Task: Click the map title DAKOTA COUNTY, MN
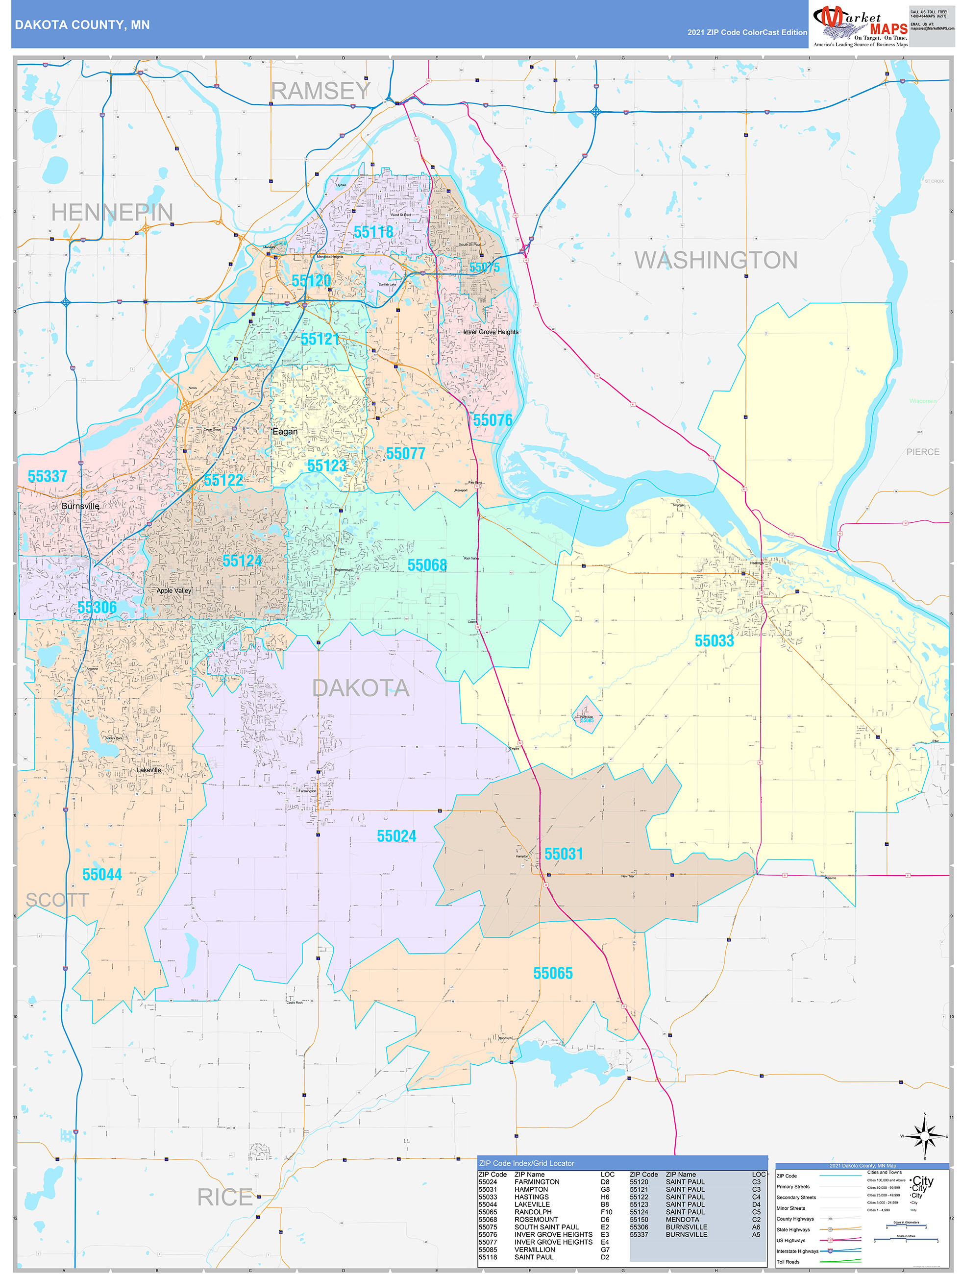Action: click(82, 25)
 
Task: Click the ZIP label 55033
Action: click(714, 641)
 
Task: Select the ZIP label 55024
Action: click(396, 836)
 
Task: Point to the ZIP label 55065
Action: click(552, 973)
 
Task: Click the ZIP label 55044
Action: click(102, 875)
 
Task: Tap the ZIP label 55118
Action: click(373, 232)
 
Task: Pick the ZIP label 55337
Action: click(47, 476)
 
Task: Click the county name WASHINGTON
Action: click(715, 260)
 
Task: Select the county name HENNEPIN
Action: click(112, 213)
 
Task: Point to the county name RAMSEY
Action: click(320, 91)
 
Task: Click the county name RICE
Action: click(225, 1198)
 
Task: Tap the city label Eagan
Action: click(285, 431)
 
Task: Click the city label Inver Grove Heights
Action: click(490, 332)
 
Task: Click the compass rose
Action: click(924, 1136)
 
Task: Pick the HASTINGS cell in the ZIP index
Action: click(531, 1197)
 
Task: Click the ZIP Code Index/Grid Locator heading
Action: click(527, 1163)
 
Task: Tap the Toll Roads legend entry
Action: click(788, 1262)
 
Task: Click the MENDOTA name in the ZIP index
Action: click(682, 1219)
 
